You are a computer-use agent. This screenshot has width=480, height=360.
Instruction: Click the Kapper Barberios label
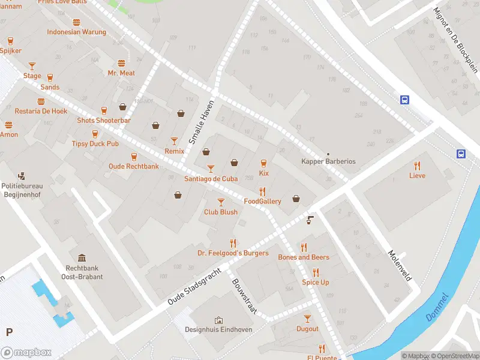point(328,161)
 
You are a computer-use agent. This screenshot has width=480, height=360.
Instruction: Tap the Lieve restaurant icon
point(418,166)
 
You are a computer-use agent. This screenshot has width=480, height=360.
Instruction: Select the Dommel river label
point(436,308)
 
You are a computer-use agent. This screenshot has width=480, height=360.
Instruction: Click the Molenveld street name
point(399,266)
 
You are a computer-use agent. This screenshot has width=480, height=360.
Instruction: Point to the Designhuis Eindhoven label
point(218,329)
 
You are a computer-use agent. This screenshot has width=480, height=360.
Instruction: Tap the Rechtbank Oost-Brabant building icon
point(82,257)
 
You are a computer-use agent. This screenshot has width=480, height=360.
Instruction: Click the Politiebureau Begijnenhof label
point(22,190)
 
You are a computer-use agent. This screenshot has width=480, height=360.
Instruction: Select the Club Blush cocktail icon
point(221,202)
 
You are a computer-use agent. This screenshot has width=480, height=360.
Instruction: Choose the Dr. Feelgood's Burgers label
point(233,253)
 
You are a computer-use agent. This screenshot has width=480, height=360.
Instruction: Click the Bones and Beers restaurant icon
point(304,247)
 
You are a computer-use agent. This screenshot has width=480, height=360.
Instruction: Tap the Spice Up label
point(316,282)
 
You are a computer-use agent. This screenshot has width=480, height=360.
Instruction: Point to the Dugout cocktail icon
point(307,319)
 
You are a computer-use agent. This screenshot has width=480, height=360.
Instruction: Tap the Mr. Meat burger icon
point(121,63)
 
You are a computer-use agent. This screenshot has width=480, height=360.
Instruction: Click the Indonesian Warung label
point(76,32)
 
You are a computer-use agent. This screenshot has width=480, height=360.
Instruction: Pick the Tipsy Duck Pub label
point(95,144)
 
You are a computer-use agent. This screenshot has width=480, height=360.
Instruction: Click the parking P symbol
point(9,332)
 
